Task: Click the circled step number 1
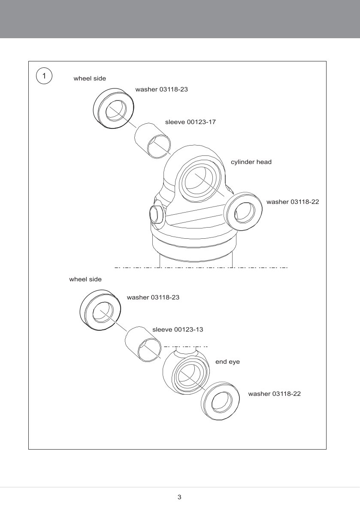point(44,76)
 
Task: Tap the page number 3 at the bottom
point(179,497)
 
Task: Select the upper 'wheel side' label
point(90,79)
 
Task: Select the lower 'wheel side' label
point(85,279)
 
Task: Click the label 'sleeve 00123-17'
point(190,122)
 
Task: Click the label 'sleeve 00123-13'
point(178,330)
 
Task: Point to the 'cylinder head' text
point(251,162)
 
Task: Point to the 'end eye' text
point(227,362)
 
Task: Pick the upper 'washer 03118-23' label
point(162,89)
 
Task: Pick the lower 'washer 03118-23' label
point(153,297)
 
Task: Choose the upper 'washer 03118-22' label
point(293,201)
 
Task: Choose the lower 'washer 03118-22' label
point(274,394)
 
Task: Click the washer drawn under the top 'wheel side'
point(112,109)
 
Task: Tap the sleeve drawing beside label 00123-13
point(142,343)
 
